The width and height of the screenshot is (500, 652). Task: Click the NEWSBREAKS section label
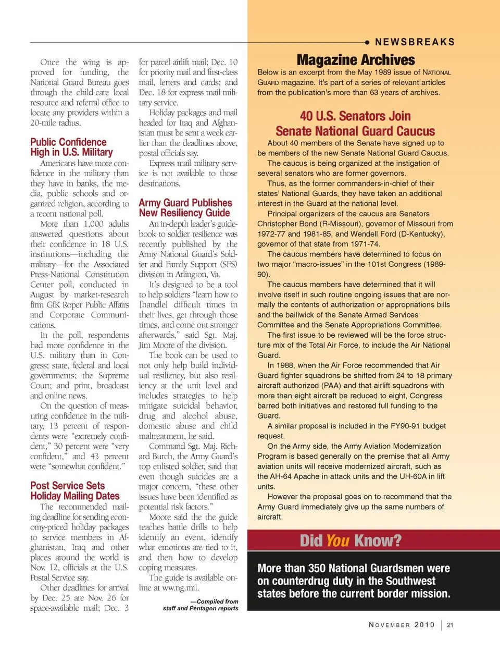(415, 42)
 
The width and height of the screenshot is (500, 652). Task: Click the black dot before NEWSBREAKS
(367, 42)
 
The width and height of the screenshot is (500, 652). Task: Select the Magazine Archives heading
(356, 60)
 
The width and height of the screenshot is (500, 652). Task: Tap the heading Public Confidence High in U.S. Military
(71, 147)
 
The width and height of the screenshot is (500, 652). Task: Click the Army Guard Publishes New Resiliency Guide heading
(185, 208)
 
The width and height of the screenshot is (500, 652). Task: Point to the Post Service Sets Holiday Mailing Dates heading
(74, 491)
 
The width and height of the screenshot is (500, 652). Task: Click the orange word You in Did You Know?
(337, 541)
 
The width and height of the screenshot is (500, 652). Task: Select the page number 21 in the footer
(450, 625)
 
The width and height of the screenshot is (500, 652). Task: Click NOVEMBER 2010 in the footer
(402, 625)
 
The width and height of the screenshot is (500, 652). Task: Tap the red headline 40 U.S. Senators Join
(355, 116)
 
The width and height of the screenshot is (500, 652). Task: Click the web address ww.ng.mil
(180, 588)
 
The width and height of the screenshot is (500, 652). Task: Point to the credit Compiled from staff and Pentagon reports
(201, 605)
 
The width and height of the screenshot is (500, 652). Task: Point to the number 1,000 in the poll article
(93, 224)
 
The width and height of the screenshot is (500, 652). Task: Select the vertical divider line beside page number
(442, 625)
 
